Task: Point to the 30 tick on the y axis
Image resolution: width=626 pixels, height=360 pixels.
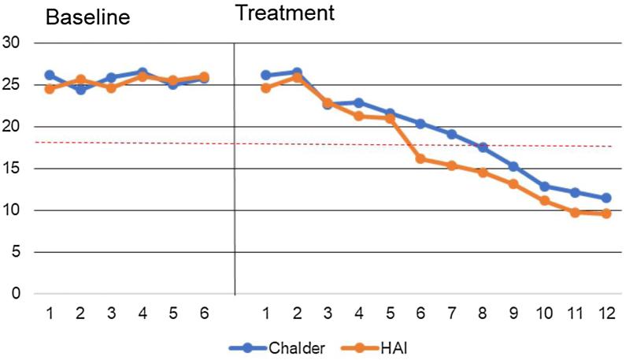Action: point(12,43)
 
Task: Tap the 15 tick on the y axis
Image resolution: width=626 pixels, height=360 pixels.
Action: point(12,169)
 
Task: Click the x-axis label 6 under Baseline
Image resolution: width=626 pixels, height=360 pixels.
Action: point(203,312)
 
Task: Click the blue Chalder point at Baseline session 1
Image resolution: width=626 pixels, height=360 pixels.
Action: point(50,75)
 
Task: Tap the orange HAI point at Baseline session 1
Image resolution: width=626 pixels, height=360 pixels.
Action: point(50,89)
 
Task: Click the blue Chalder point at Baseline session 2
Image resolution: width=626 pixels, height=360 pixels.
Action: point(80,90)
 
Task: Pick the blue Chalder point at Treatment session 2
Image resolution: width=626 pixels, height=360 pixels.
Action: point(297,72)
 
